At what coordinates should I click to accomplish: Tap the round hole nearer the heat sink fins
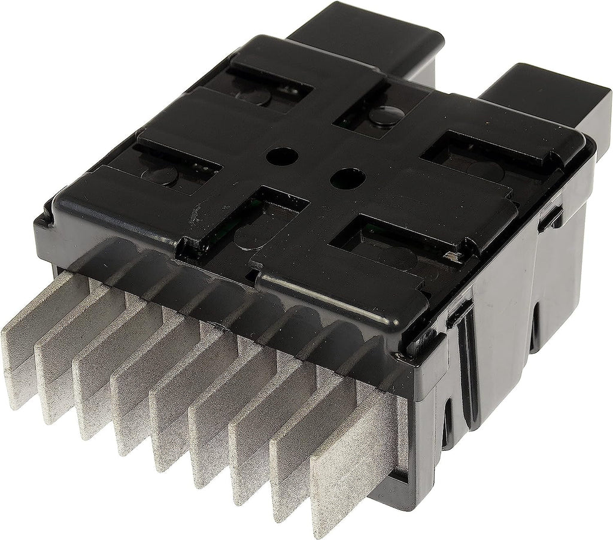pyautogui.click(x=344, y=177)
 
